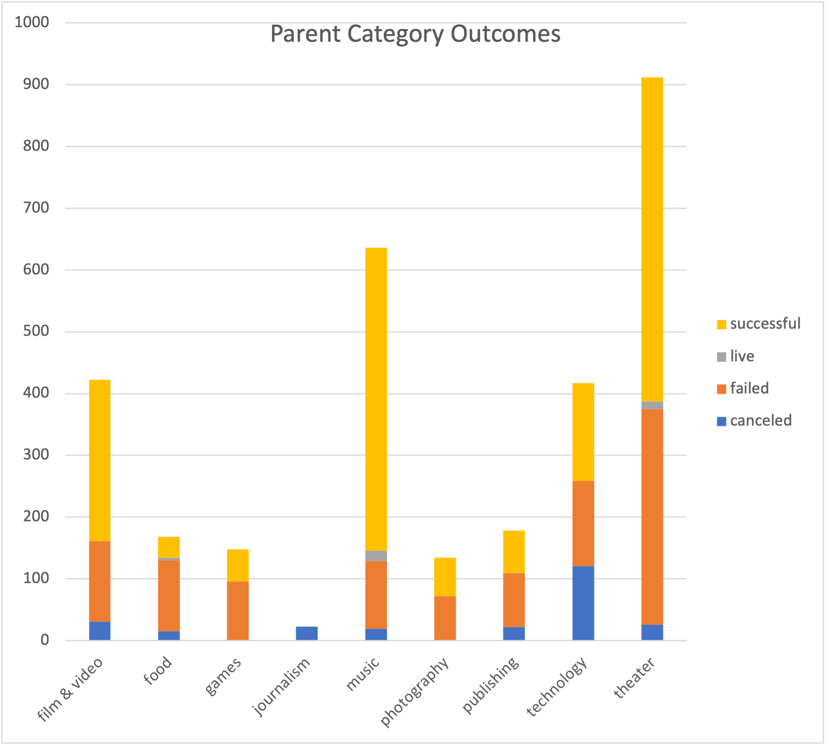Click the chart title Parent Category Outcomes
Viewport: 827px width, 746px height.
click(415, 34)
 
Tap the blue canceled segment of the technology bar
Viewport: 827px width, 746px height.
click(583, 603)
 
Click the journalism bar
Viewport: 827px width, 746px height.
click(307, 633)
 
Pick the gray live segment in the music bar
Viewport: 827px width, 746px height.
click(376, 556)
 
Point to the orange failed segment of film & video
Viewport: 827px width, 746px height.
click(100, 581)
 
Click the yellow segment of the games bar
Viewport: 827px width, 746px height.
click(238, 565)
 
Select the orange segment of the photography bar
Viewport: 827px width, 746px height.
click(445, 618)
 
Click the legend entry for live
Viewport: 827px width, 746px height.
click(742, 356)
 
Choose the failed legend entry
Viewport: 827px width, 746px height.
click(749, 388)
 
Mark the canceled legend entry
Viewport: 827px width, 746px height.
click(760, 420)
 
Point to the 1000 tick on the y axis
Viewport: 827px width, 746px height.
click(32, 22)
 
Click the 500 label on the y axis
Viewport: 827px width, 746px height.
click(36, 331)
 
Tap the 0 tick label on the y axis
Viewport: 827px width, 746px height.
click(44, 640)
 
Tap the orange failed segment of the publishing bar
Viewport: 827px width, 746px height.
click(514, 600)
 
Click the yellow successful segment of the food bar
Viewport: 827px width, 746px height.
click(169, 547)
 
